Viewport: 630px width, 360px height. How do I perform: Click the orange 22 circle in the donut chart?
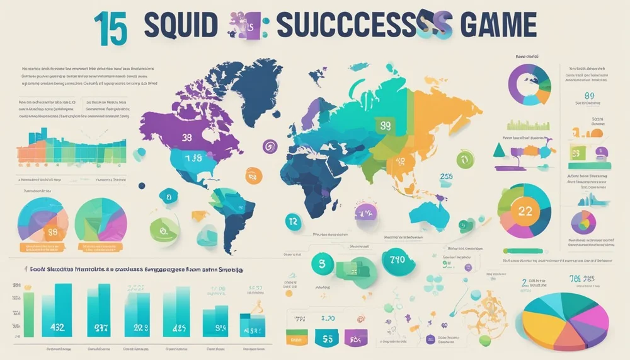point(524,211)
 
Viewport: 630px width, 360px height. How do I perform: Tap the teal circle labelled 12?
point(292,221)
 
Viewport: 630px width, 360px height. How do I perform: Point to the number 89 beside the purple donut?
point(590,96)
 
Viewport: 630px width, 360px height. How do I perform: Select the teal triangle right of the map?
point(498,149)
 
